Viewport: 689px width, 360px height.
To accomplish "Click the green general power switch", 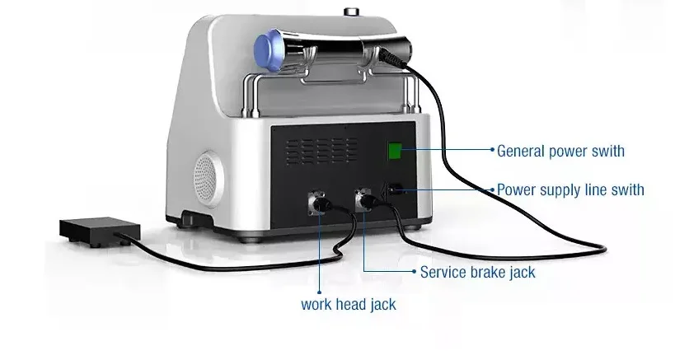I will [x=395, y=151].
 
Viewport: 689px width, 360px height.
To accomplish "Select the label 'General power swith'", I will [x=560, y=151].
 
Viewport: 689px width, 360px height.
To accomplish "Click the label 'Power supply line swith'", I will [x=570, y=190].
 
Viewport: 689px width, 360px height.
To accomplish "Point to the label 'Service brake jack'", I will [x=477, y=271].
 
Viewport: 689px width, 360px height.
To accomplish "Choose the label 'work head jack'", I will [x=348, y=304].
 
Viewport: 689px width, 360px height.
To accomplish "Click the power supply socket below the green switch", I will [x=395, y=189].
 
